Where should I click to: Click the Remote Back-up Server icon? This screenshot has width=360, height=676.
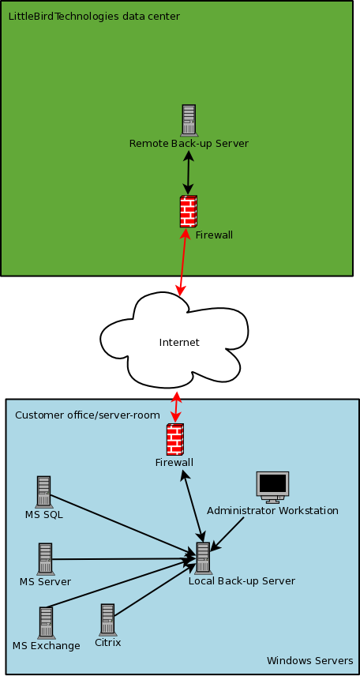[189, 120]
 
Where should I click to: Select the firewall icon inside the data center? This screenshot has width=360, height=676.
[189, 212]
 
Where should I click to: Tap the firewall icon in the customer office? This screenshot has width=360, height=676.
[175, 439]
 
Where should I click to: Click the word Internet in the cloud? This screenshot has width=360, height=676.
[179, 342]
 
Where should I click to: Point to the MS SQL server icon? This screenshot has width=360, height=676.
[43, 491]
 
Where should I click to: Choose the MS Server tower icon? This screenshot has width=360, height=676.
[45, 559]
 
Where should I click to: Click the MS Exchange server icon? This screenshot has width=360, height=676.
[46, 623]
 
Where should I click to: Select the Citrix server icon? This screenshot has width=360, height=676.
[107, 619]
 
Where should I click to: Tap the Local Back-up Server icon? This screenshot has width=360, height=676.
[202, 558]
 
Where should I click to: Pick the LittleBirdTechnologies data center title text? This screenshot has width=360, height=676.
[94, 17]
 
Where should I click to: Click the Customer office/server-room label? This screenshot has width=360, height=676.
[88, 415]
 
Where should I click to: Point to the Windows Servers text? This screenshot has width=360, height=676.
[310, 660]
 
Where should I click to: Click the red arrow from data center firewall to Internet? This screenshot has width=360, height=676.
[183, 262]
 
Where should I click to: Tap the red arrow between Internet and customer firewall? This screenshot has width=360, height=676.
[176, 407]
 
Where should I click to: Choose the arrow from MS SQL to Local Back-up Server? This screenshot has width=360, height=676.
[123, 524]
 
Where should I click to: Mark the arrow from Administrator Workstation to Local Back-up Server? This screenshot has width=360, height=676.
[227, 534]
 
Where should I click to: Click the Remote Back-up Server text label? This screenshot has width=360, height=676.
[189, 143]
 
